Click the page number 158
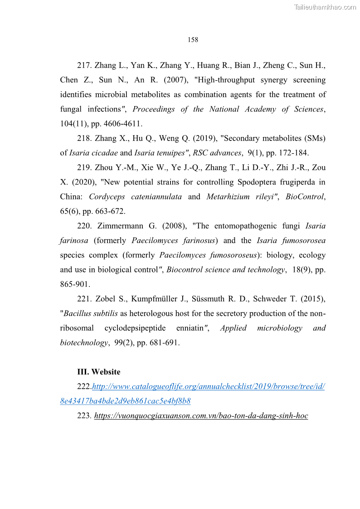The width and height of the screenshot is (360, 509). tap(193, 40)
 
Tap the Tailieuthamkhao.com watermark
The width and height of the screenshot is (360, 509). tap(325, 7)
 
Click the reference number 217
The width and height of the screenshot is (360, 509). tap(84, 65)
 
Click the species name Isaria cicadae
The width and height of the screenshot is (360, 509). tap(93, 153)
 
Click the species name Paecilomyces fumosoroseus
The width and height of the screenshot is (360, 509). tap(208, 255)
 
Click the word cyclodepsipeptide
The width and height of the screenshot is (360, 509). tap(148, 328)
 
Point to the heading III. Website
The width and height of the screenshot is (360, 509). tap(99, 372)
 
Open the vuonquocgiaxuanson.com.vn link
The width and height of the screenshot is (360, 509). tap(201, 416)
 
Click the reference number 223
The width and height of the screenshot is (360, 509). tap(84, 416)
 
